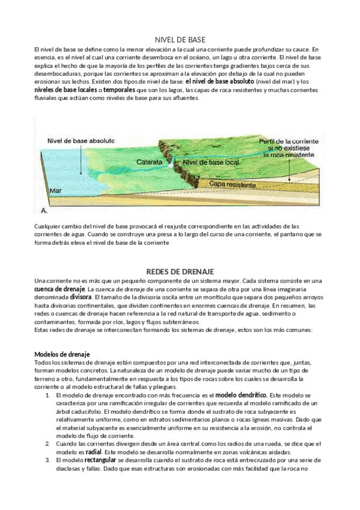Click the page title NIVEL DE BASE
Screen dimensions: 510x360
pyautogui.click(x=180, y=38)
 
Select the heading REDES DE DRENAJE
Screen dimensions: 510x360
pyautogui.click(x=180, y=271)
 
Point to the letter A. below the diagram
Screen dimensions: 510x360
pyautogui.click(x=43, y=211)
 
